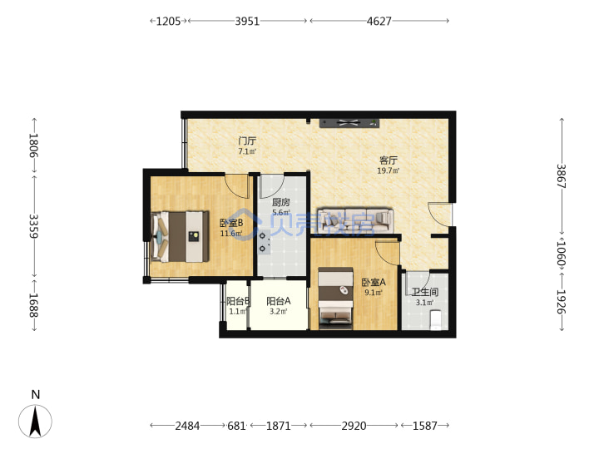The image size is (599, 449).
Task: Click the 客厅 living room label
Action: click(x=389, y=160)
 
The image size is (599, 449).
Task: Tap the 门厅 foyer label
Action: click(x=247, y=141)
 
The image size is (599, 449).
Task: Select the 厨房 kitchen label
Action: click(x=281, y=202)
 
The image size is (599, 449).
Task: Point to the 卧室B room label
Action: click(x=231, y=223)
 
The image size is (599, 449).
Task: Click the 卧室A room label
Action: click(x=374, y=282)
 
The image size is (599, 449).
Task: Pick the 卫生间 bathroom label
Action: click(x=425, y=292)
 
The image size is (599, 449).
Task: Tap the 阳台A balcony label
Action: click(x=279, y=301)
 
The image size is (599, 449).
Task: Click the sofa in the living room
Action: click(x=356, y=220)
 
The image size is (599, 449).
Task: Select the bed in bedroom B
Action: click(x=181, y=237)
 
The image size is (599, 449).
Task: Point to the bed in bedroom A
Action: click(x=335, y=299)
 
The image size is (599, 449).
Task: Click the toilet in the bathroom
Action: click(x=435, y=320)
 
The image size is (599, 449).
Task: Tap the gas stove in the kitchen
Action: click(x=264, y=242)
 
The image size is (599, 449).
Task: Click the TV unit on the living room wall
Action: click(x=349, y=123)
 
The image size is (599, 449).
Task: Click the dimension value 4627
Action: click(x=379, y=21)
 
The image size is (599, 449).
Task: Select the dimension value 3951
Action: click(x=247, y=21)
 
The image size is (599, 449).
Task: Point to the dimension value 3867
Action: click(x=561, y=175)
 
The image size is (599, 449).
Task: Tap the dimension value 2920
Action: click(x=354, y=426)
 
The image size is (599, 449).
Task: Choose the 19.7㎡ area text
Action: click(x=389, y=170)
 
